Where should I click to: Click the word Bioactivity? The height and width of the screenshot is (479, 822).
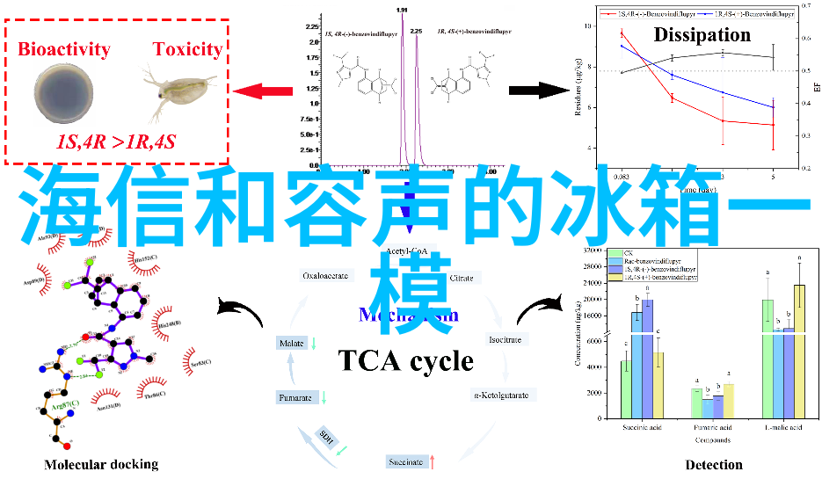pyautogui.click(x=64, y=49)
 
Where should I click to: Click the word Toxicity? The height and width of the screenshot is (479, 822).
pyautogui.click(x=186, y=49)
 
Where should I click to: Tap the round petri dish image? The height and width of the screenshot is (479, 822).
pyautogui.click(x=64, y=92)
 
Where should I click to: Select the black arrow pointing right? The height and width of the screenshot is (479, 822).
pyautogui.click(x=539, y=90)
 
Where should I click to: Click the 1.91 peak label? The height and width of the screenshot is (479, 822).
pyautogui.click(x=402, y=10)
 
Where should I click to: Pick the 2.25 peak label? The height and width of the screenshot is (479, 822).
pyautogui.click(x=416, y=31)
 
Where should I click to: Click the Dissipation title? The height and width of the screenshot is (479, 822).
pyautogui.click(x=702, y=35)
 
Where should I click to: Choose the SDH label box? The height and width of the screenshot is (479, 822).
pyautogui.click(x=327, y=438)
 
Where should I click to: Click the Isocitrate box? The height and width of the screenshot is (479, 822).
pyautogui.click(x=505, y=339)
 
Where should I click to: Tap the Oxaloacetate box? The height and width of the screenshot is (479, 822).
pyautogui.click(x=325, y=276)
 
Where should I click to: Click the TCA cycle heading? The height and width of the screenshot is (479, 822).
pyautogui.click(x=405, y=361)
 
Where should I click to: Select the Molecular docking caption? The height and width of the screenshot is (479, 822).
pyautogui.click(x=101, y=464)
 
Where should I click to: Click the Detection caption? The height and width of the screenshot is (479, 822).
pyautogui.click(x=714, y=464)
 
